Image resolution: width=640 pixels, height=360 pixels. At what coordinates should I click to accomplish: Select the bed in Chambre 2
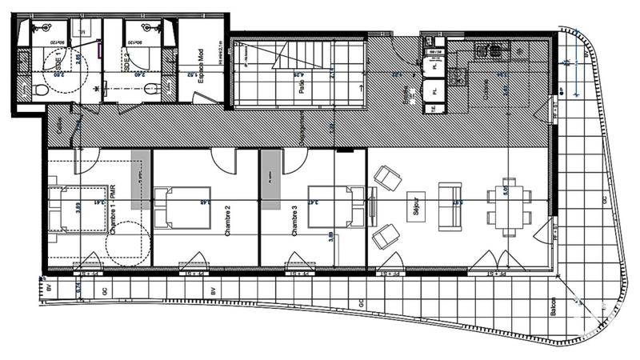point(173,207)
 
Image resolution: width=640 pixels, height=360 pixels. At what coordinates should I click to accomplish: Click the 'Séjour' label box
point(415,206)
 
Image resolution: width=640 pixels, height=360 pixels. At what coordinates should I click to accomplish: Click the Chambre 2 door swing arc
point(224,160)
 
